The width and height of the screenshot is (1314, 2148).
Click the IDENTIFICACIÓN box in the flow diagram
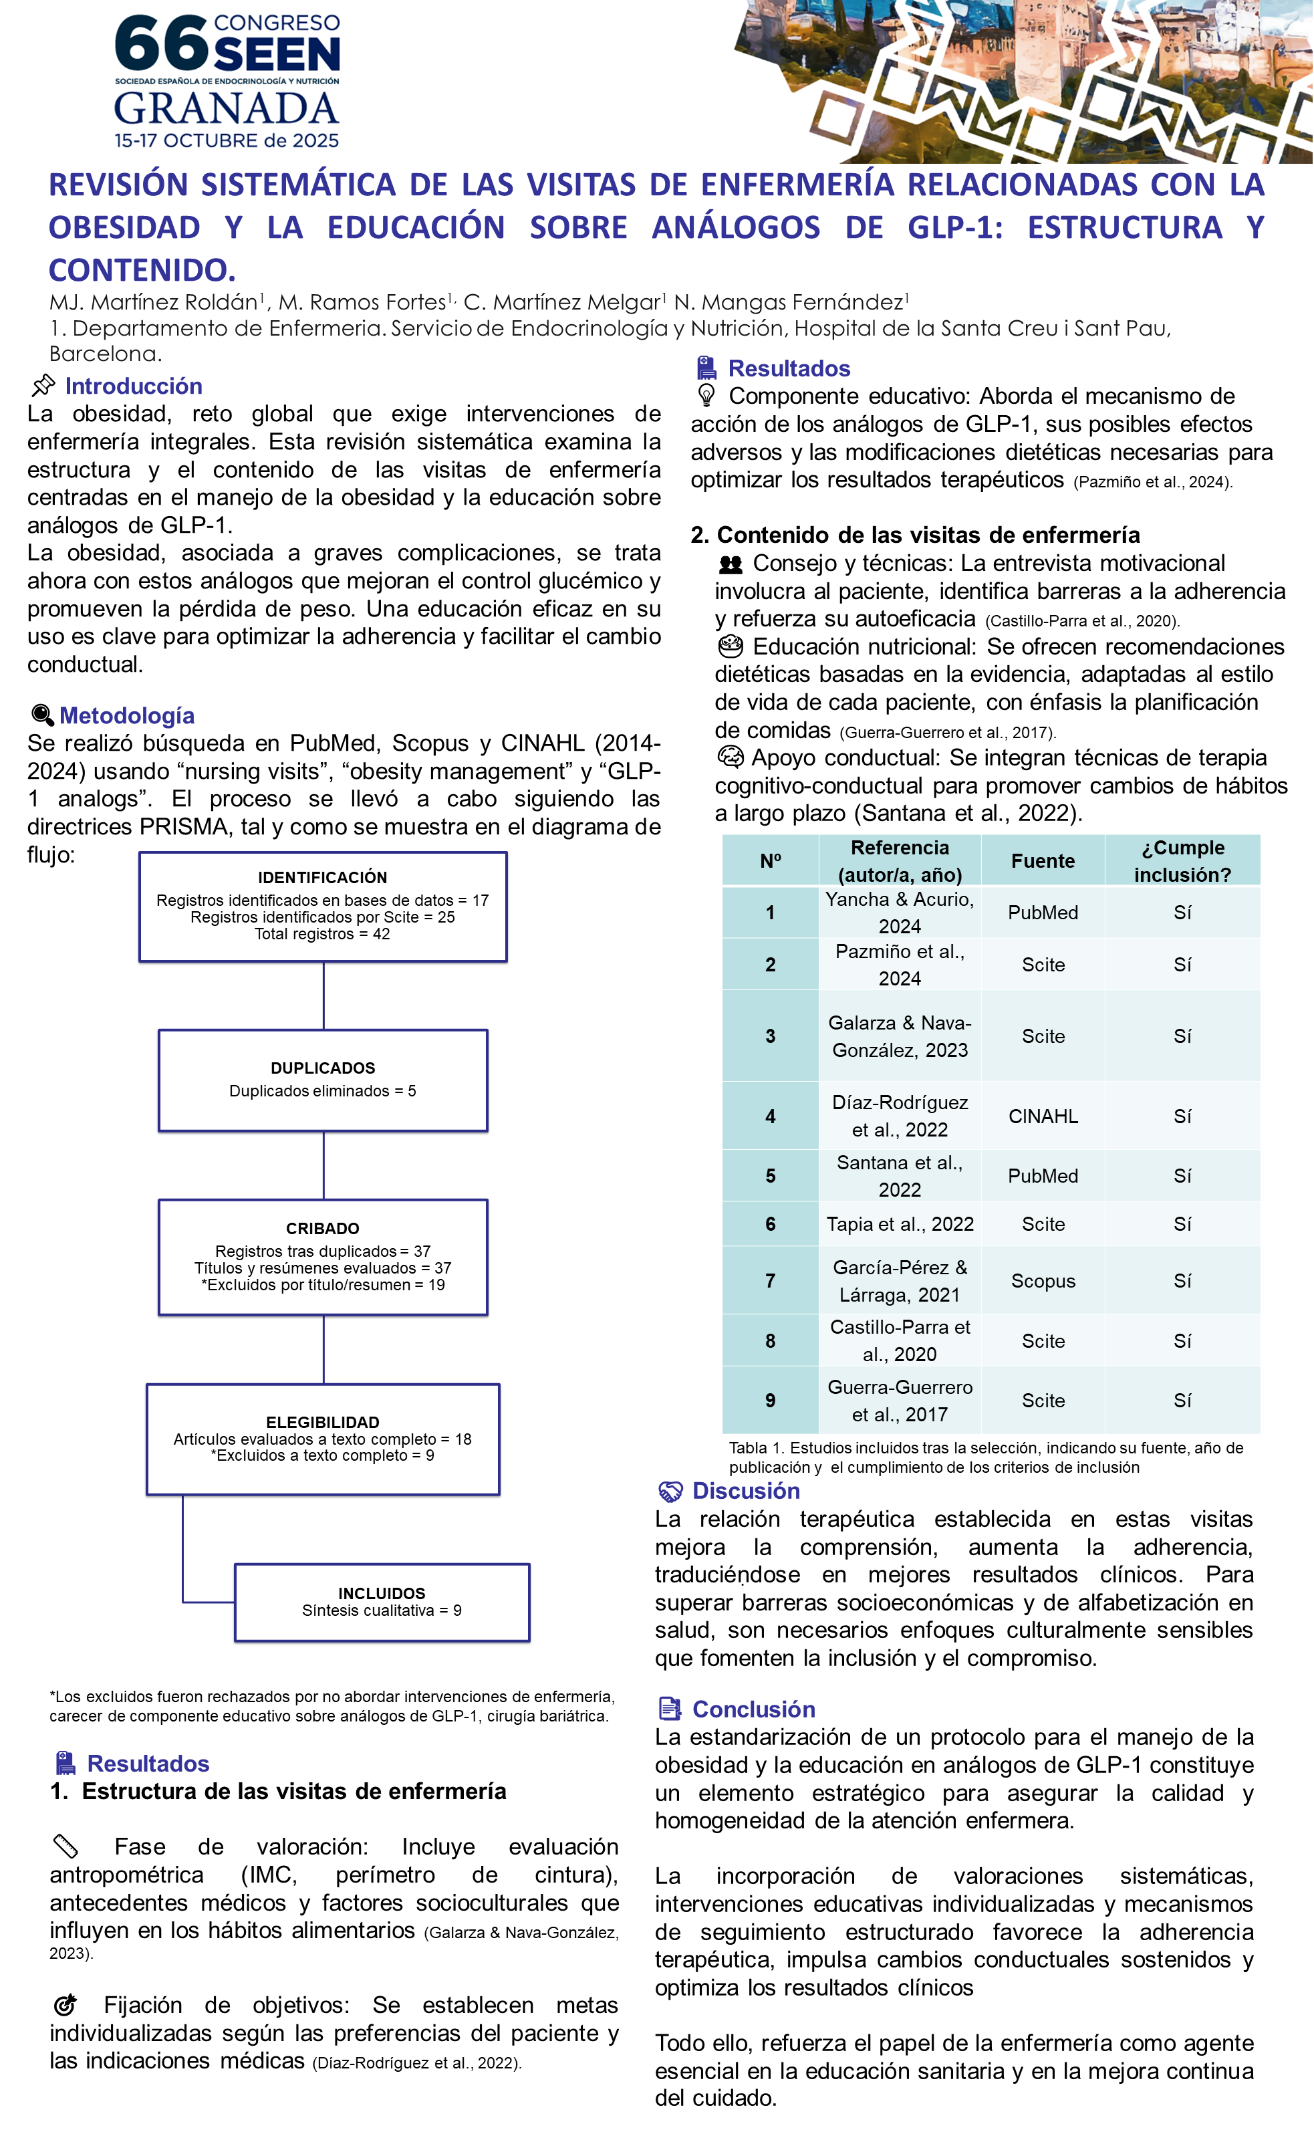[x=322, y=907]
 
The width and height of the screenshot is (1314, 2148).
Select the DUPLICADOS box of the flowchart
[x=322, y=1080]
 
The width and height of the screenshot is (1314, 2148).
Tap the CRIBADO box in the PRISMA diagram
[x=322, y=1257]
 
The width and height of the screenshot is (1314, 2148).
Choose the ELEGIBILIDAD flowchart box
[x=322, y=1439]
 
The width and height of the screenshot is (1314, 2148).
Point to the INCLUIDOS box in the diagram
[x=382, y=1602]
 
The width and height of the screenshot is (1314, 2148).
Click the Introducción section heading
[x=133, y=386]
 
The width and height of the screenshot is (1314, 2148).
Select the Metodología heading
[x=126, y=716]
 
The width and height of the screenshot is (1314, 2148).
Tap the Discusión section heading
[x=746, y=1491]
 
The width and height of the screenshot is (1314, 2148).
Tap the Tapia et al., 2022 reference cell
[x=899, y=1224]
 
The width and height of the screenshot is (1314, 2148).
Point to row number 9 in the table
[x=769, y=1400]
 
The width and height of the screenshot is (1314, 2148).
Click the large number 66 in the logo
[x=161, y=43]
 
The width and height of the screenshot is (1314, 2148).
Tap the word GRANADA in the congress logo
[x=227, y=108]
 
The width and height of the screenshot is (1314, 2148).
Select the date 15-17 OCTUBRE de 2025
[x=227, y=140]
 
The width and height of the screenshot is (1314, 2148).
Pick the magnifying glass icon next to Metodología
[x=42, y=716]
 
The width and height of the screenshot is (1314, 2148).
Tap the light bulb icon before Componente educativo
[x=706, y=396]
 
